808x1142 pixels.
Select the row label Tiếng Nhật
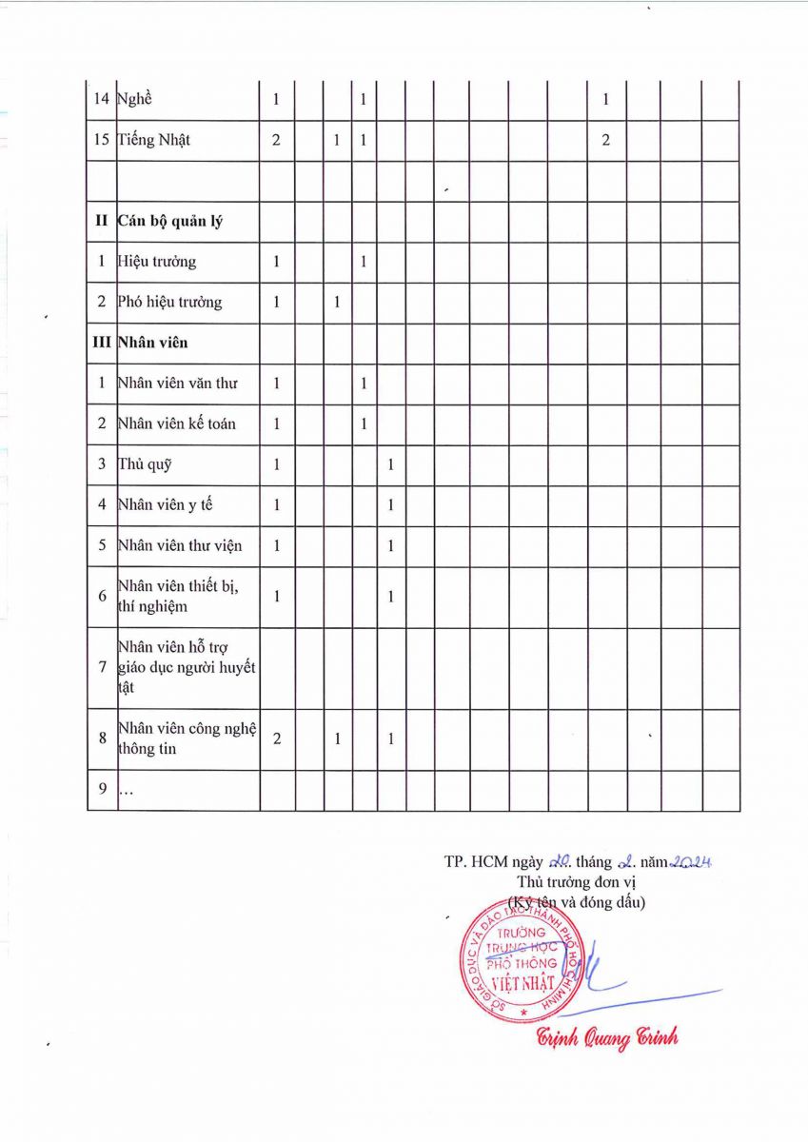click(x=154, y=140)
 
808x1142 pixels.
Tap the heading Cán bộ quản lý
click(x=170, y=221)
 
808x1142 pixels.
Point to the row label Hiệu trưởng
click(x=157, y=262)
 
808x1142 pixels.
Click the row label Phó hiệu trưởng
click(x=169, y=303)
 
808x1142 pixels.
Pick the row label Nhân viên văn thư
click(x=177, y=384)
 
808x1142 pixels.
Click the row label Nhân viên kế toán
click(x=177, y=423)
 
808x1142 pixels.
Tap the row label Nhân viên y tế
click(x=165, y=504)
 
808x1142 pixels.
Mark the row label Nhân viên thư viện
click(x=179, y=545)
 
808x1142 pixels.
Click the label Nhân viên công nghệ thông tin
click(x=187, y=738)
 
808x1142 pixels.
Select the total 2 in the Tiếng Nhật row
click(x=276, y=140)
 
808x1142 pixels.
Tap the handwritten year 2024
click(x=692, y=862)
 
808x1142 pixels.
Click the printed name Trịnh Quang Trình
click(x=607, y=1037)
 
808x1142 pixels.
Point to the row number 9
click(x=102, y=790)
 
